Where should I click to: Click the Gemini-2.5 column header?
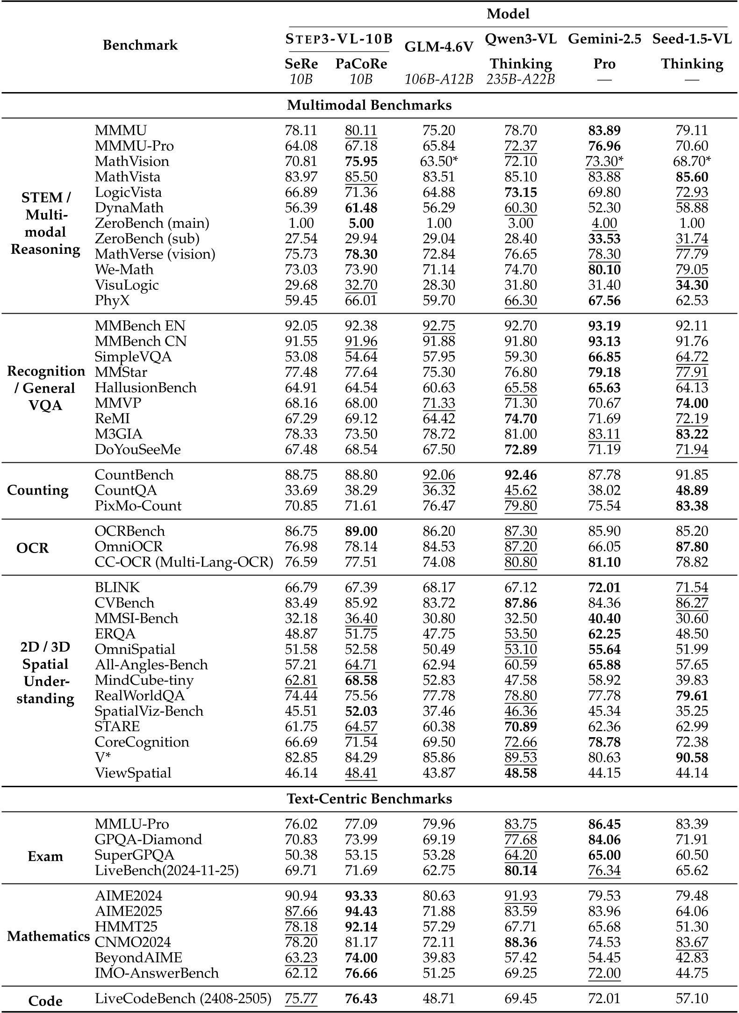(x=604, y=39)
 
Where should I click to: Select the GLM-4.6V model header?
(x=438, y=47)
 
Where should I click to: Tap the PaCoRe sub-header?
(x=361, y=64)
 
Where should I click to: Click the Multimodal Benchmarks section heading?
(x=369, y=105)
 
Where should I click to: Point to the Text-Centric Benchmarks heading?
(x=369, y=798)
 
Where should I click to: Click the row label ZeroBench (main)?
(x=152, y=223)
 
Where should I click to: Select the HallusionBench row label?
(x=145, y=388)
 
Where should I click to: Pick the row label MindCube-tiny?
(x=144, y=680)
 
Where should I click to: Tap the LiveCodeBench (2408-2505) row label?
(x=183, y=999)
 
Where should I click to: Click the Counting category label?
(x=37, y=490)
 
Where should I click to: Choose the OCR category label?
(x=32, y=547)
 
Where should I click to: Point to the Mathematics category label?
(x=49, y=936)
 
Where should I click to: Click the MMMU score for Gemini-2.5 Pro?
(x=604, y=130)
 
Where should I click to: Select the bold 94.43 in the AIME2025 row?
(x=361, y=911)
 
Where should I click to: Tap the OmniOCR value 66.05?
(x=604, y=546)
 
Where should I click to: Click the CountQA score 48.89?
(x=692, y=490)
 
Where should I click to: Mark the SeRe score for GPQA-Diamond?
(x=301, y=839)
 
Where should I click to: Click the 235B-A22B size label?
(x=520, y=79)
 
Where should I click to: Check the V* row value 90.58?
(x=692, y=757)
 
